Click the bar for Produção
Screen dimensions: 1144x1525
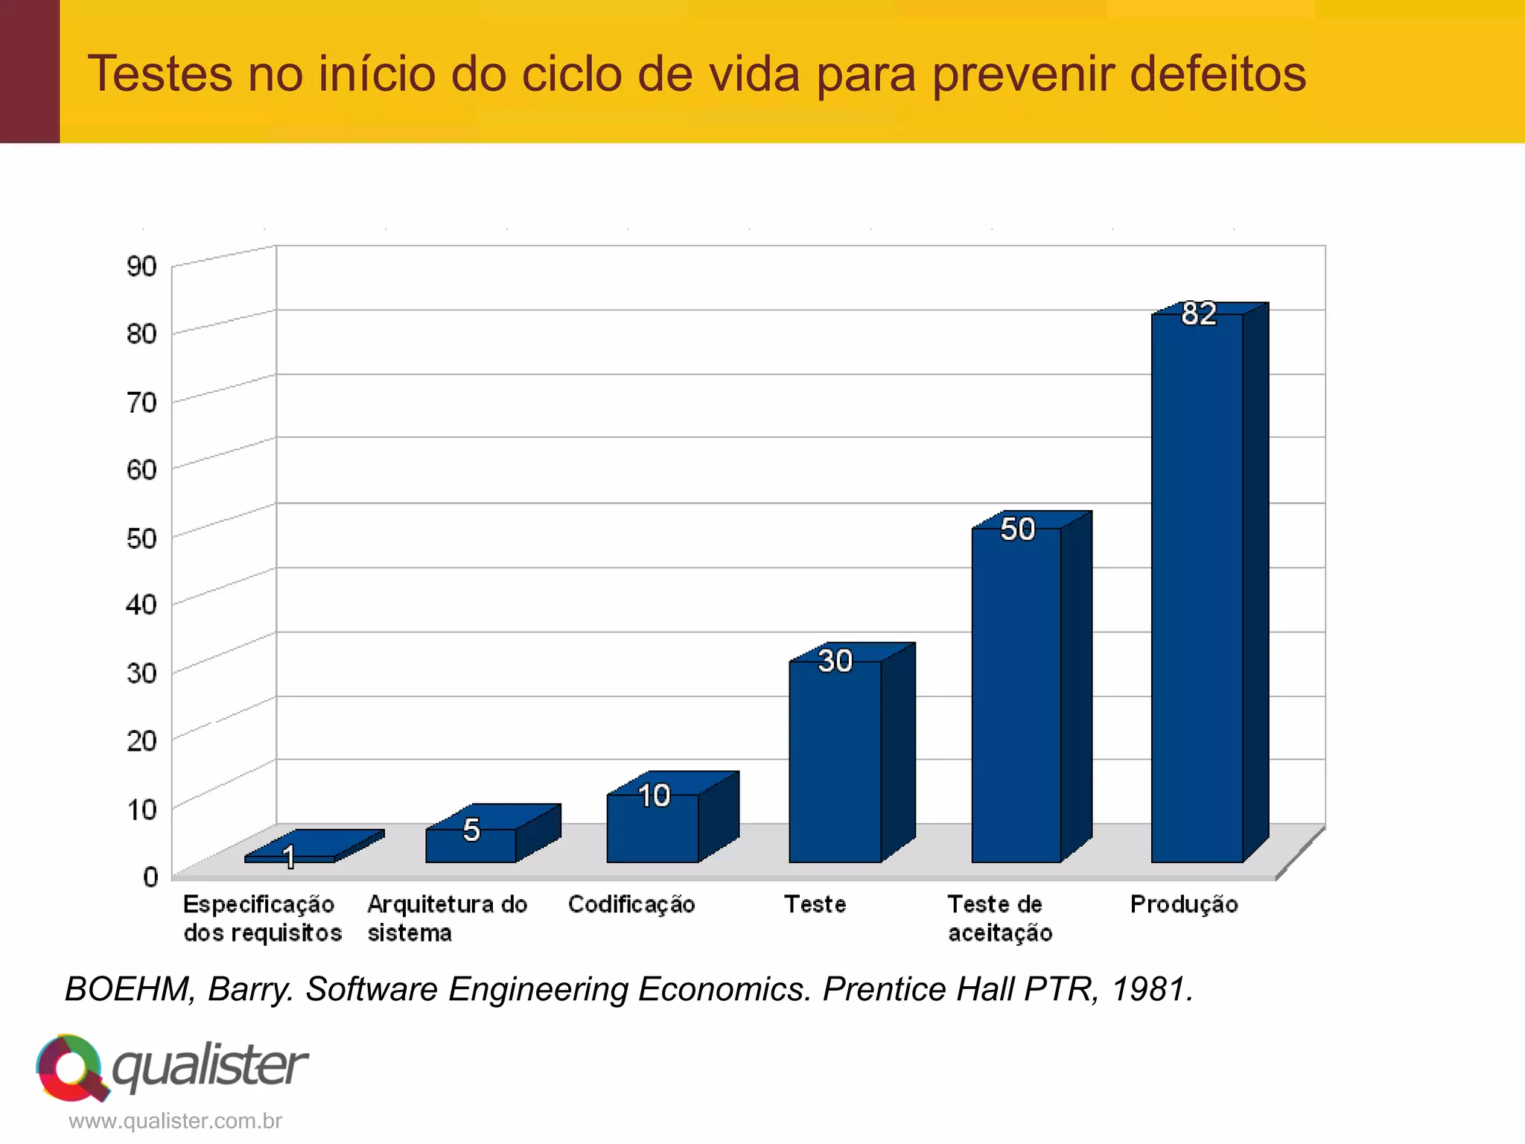tap(1197, 588)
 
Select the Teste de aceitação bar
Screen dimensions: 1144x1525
tap(1016, 696)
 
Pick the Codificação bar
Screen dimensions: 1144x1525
tap(652, 828)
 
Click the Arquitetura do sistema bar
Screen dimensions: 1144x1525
tap(471, 845)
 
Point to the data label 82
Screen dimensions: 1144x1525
tap(1199, 314)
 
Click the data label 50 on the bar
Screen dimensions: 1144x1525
tap(1017, 530)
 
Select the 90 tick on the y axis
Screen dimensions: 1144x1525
tap(141, 266)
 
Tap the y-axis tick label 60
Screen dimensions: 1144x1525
tap(141, 469)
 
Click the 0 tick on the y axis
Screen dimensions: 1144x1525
tap(150, 877)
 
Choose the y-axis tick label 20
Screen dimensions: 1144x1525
tap(141, 740)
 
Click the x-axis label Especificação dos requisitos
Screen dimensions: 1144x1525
tap(261, 918)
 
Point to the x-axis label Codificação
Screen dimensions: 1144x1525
tap(631, 904)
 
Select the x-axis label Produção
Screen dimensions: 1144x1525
tap(1184, 904)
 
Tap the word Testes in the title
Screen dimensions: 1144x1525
tap(160, 74)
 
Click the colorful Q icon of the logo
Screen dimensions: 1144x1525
tap(71, 1067)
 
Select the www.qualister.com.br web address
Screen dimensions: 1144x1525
tap(175, 1121)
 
